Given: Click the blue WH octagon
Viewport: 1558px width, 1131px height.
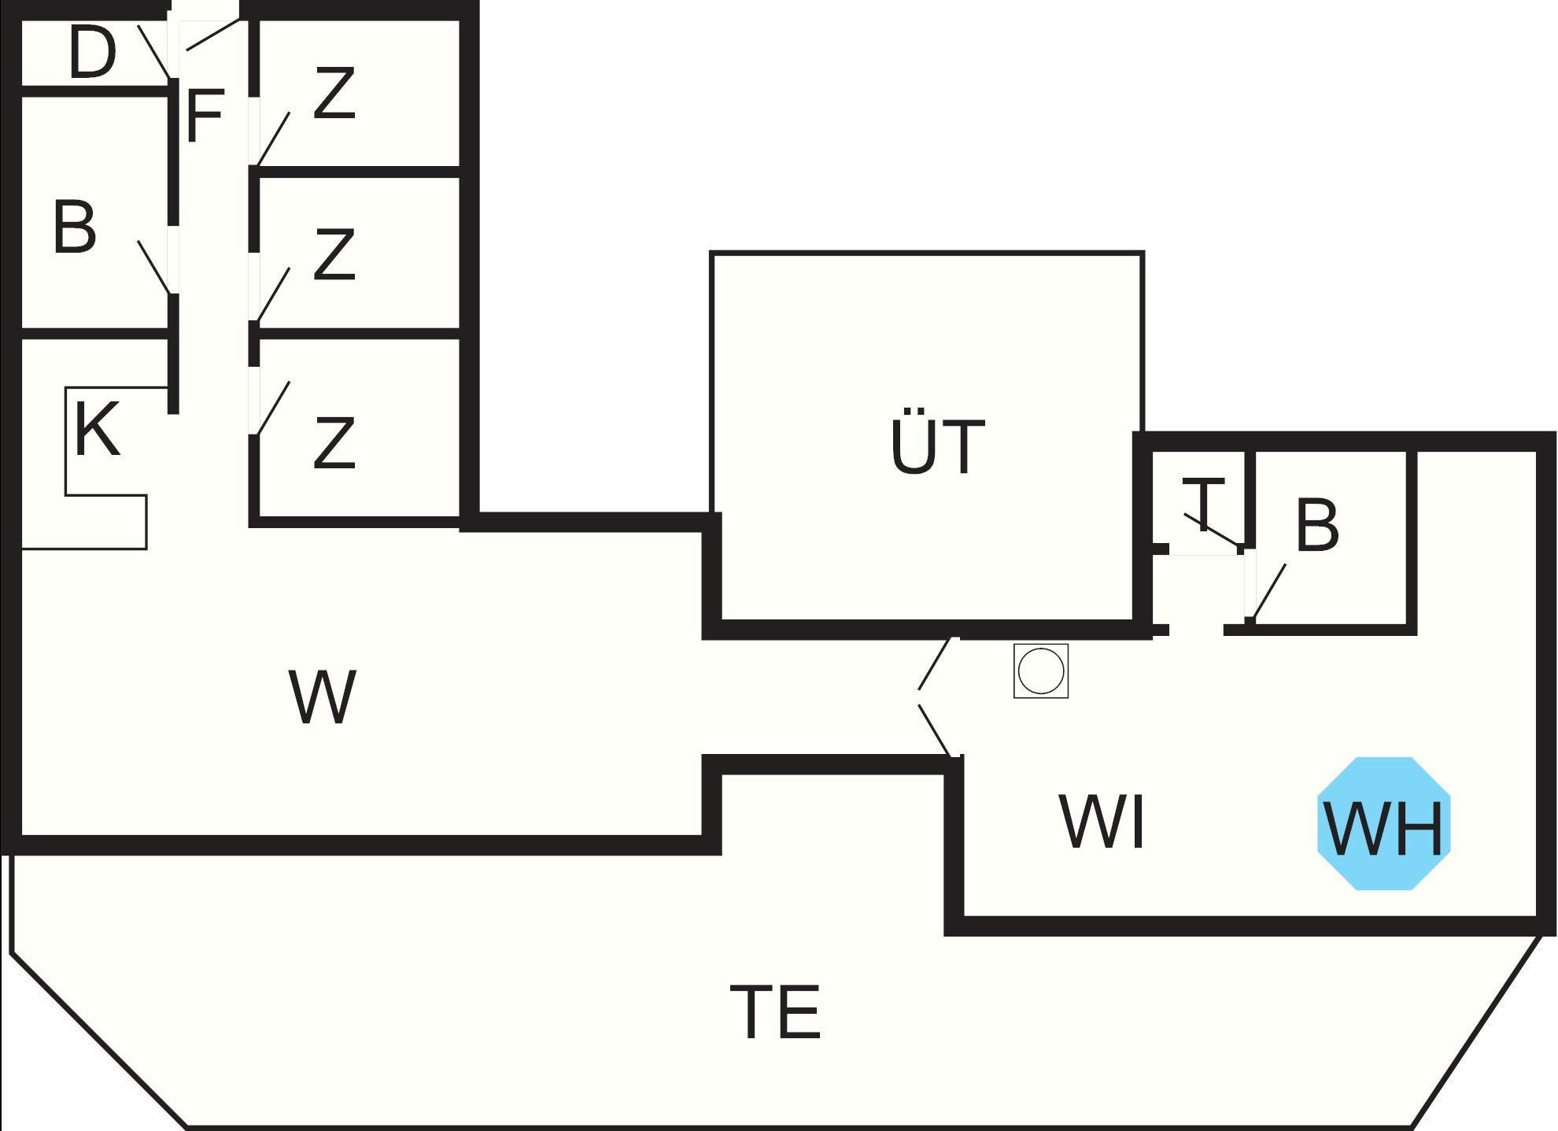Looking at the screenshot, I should click(1383, 824).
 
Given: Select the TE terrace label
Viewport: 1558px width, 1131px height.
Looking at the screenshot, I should click(776, 1012).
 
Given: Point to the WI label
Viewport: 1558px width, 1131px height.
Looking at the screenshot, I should click(1102, 822).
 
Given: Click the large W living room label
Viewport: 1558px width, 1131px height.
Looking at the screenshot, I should click(323, 697).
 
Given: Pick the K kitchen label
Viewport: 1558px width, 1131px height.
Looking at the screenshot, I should click(98, 429).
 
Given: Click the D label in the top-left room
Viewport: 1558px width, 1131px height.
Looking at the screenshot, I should click(92, 53).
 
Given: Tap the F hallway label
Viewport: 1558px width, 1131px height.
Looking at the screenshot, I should click(205, 116).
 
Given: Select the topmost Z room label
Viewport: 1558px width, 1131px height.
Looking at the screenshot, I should click(334, 94).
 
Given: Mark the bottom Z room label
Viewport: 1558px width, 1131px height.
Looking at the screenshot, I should click(334, 443).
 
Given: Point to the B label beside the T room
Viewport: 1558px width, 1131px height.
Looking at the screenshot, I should click(1316, 525).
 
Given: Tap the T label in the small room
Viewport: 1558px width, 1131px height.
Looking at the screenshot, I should click(1203, 504).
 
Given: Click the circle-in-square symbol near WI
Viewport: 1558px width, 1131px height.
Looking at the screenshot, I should click(1041, 671).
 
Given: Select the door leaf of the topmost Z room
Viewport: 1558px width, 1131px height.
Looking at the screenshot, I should click(274, 139).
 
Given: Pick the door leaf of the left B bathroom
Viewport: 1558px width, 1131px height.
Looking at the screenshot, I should click(153, 267).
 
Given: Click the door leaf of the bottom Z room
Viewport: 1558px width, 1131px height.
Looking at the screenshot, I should click(273, 408).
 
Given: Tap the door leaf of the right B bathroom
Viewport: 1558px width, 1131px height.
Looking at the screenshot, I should click(1269, 591).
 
